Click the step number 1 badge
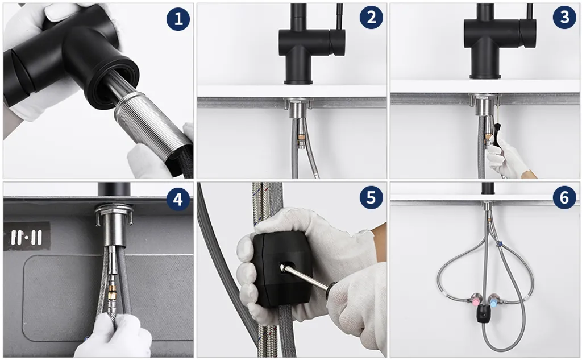178,19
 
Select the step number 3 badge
564,17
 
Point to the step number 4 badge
178,199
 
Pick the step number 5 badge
371,197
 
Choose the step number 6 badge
564,197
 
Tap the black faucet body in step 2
308,44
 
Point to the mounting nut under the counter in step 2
297,107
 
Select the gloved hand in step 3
509,158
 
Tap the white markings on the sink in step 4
26,237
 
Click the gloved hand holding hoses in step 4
113,336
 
